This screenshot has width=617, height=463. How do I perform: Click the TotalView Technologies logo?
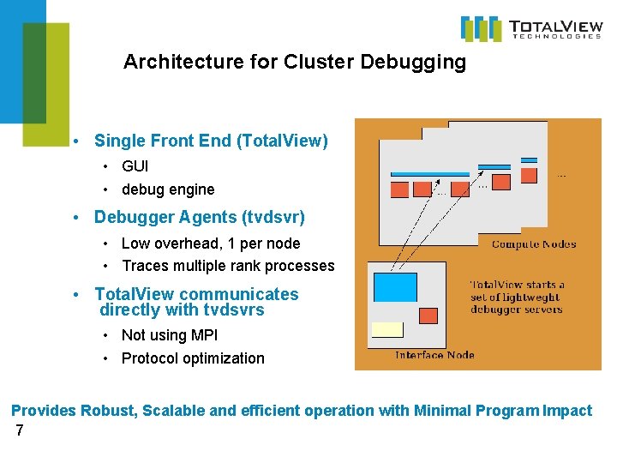pyautogui.click(x=530, y=28)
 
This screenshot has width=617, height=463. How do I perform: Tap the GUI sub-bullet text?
pyautogui.click(x=135, y=165)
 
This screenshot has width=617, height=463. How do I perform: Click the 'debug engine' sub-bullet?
pyautogui.click(x=168, y=189)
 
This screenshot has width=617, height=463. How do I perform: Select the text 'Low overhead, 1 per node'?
pyautogui.click(x=211, y=244)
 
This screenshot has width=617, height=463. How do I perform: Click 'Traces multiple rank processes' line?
pyautogui.click(x=228, y=266)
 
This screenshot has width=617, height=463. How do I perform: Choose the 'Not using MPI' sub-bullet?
pyautogui.click(x=170, y=335)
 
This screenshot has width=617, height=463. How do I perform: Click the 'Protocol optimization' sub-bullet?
pyautogui.click(x=193, y=358)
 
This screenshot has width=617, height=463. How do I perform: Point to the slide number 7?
pyautogui.click(x=20, y=430)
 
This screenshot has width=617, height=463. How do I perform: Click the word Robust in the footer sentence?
pyautogui.click(x=109, y=411)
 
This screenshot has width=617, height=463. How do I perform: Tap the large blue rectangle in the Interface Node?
pyautogui.click(x=395, y=286)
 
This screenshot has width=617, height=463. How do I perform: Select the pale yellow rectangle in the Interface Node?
pyautogui.click(x=387, y=329)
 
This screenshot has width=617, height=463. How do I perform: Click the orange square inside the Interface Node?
pyautogui.click(x=428, y=315)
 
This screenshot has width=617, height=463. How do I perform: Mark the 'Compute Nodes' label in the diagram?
pyautogui.click(x=533, y=244)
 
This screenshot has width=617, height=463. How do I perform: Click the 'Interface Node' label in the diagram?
pyautogui.click(x=434, y=355)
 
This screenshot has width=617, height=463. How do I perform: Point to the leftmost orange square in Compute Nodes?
pyautogui.click(x=399, y=189)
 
